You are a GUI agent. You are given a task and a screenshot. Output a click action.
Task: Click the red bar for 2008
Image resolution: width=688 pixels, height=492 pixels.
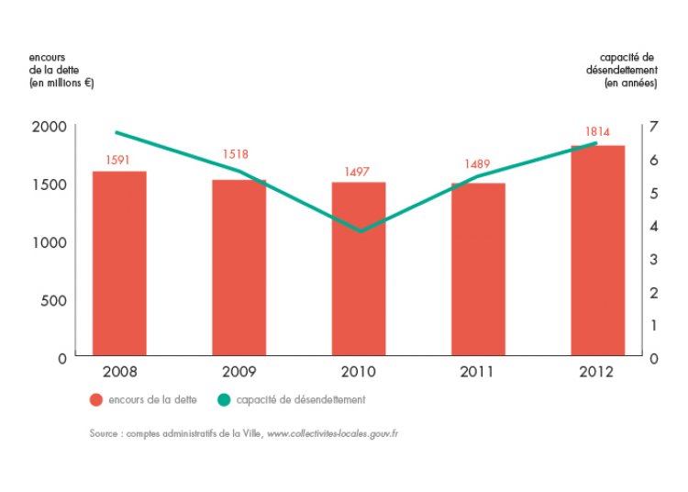119,263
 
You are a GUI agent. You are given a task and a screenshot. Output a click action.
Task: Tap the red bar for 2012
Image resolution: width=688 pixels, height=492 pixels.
597,250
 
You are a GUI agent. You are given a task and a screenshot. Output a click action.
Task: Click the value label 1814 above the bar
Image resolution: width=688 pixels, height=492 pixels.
597,131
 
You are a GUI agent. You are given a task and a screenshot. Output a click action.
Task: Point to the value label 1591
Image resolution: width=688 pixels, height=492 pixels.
119,160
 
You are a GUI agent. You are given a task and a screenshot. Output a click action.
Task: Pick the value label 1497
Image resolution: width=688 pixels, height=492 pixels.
359,172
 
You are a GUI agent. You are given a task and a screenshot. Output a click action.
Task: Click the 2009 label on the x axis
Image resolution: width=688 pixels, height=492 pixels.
239,372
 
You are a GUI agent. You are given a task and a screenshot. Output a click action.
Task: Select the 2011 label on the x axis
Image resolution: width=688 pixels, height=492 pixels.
478,372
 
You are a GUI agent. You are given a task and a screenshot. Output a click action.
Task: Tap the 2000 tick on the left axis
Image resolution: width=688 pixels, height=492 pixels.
50,127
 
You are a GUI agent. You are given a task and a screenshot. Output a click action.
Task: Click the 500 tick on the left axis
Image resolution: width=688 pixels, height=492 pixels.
55,300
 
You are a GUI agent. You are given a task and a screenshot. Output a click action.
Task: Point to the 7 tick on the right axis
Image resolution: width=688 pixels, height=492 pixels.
653,127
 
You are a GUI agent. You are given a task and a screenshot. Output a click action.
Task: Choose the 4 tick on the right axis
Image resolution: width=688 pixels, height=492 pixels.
653,226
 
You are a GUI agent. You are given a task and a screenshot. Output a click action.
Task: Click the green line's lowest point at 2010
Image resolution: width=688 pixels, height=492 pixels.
360,230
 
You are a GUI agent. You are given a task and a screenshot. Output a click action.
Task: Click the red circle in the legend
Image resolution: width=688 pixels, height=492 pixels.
95,400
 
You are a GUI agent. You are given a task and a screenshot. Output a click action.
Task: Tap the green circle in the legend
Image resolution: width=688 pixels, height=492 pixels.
223,400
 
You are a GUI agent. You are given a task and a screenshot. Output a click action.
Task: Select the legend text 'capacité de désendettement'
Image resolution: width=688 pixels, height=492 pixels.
301,400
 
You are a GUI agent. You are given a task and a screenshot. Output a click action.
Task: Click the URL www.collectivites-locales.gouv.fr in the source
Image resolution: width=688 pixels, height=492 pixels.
332,432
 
